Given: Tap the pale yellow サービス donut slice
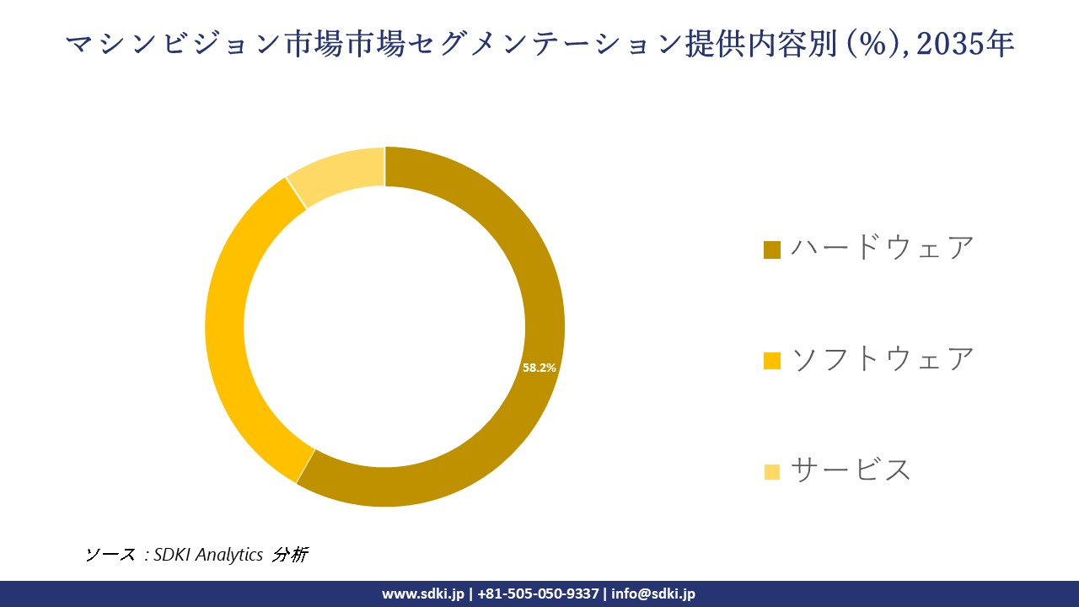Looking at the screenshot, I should (337, 172).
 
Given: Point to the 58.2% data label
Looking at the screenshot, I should (539, 368).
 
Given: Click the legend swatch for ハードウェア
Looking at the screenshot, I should (772, 250).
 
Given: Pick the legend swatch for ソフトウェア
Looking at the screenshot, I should (772, 361).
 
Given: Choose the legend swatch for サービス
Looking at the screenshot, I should (772, 471).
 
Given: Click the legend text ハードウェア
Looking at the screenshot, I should (882, 248).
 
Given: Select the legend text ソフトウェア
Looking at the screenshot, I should (882, 359).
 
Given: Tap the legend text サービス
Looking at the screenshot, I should (851, 470).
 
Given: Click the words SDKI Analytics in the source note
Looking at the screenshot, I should (208, 555).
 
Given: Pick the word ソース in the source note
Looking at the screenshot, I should (110, 555).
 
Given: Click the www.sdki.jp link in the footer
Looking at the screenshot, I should (423, 594).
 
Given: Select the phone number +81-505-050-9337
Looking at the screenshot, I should (539, 594).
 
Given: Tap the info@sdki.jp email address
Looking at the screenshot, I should (653, 594).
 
